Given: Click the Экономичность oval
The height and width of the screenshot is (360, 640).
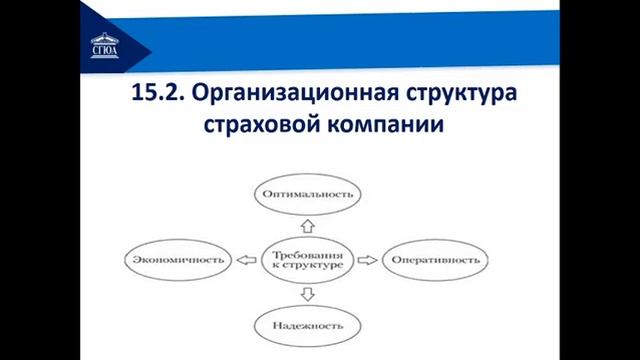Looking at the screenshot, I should tap(177, 260).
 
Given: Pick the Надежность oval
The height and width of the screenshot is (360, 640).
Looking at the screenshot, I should tap(307, 325).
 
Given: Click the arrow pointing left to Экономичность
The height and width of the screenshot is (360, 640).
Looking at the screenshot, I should tap(245, 260).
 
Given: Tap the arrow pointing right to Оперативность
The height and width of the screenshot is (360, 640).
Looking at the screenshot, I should tap(368, 260).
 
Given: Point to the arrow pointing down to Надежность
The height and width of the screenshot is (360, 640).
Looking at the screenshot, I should tap(307, 294).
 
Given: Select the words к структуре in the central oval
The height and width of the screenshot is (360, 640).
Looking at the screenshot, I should tap(307, 267).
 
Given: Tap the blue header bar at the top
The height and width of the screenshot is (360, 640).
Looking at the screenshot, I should tap(400, 30).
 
